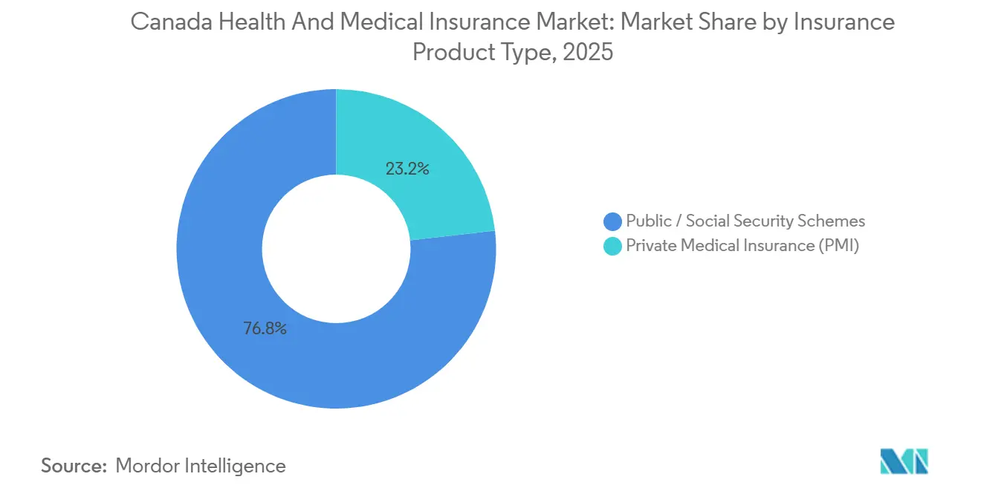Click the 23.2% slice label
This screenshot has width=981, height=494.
click(407, 169)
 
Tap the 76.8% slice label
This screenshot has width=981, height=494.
click(265, 328)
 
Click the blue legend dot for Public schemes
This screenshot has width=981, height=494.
click(613, 221)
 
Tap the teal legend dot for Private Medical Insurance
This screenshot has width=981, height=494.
click(613, 247)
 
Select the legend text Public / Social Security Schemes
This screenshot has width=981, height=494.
click(745, 221)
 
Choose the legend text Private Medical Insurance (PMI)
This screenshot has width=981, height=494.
click(742, 246)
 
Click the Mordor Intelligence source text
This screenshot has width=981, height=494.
click(201, 466)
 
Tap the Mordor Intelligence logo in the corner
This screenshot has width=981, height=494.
click(904, 461)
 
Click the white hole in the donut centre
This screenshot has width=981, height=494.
click(336, 249)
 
